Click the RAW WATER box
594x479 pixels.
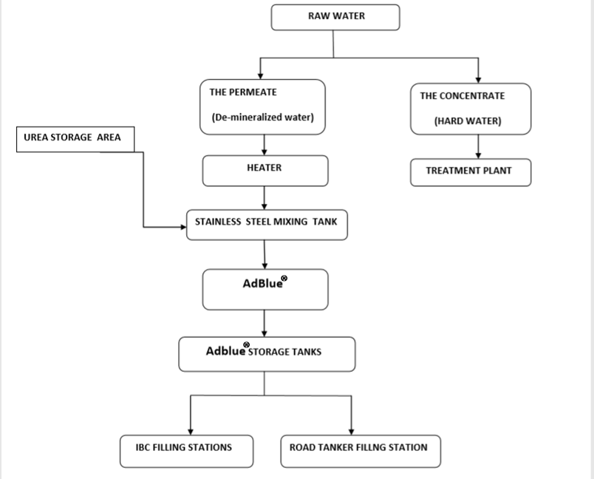coord(335,17)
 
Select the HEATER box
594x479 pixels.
coord(264,170)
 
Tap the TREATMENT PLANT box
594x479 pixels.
coord(470,171)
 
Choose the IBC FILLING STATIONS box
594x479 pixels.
coord(186,451)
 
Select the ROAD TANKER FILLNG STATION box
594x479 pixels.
coord(360,451)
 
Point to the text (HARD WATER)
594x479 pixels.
coord(467,121)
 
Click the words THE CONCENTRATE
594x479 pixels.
coord(462,96)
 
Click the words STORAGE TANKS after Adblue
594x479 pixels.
coord(285,352)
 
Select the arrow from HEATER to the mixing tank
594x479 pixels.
coord(264,197)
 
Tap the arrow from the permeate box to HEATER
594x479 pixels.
coord(264,145)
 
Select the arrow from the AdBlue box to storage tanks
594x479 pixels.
coord(264,323)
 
